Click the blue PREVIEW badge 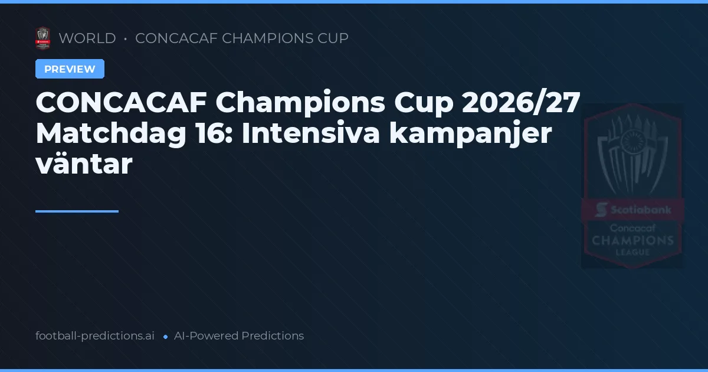coord(70,69)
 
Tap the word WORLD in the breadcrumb coord(87,38)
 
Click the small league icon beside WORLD coord(42,38)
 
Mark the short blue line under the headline coord(77,211)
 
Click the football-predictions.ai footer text coord(95,336)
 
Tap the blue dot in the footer coord(166,337)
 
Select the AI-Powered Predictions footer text coord(239,336)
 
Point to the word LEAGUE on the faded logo coord(632,252)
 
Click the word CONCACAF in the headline coord(120,103)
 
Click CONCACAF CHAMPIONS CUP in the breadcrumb coord(242,38)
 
